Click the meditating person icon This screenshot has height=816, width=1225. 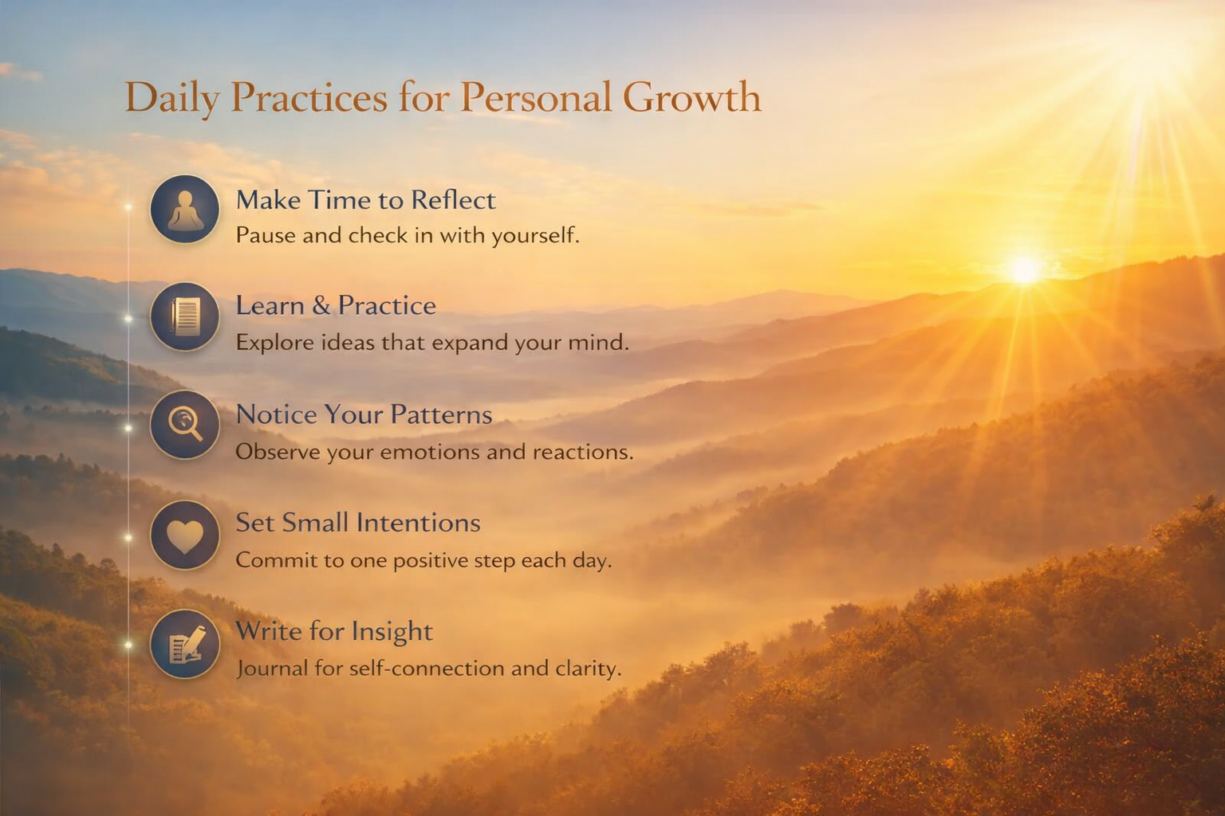(x=185, y=210)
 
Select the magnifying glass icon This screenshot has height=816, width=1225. (x=185, y=425)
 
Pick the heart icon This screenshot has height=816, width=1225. (x=185, y=535)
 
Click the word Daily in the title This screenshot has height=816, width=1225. (x=172, y=98)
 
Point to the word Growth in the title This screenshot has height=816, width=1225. (x=691, y=97)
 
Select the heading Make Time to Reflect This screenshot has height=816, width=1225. (x=366, y=200)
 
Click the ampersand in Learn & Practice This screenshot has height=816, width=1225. (x=321, y=305)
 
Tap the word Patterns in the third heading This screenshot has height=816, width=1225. (x=441, y=414)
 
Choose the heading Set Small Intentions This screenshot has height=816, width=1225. (x=358, y=523)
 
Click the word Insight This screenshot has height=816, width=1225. (x=392, y=633)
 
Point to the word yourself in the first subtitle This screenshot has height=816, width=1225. (x=535, y=236)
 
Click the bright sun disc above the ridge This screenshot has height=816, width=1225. (x=1024, y=270)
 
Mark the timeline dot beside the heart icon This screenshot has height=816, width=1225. (x=128, y=538)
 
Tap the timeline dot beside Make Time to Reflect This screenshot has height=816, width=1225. (x=128, y=207)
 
